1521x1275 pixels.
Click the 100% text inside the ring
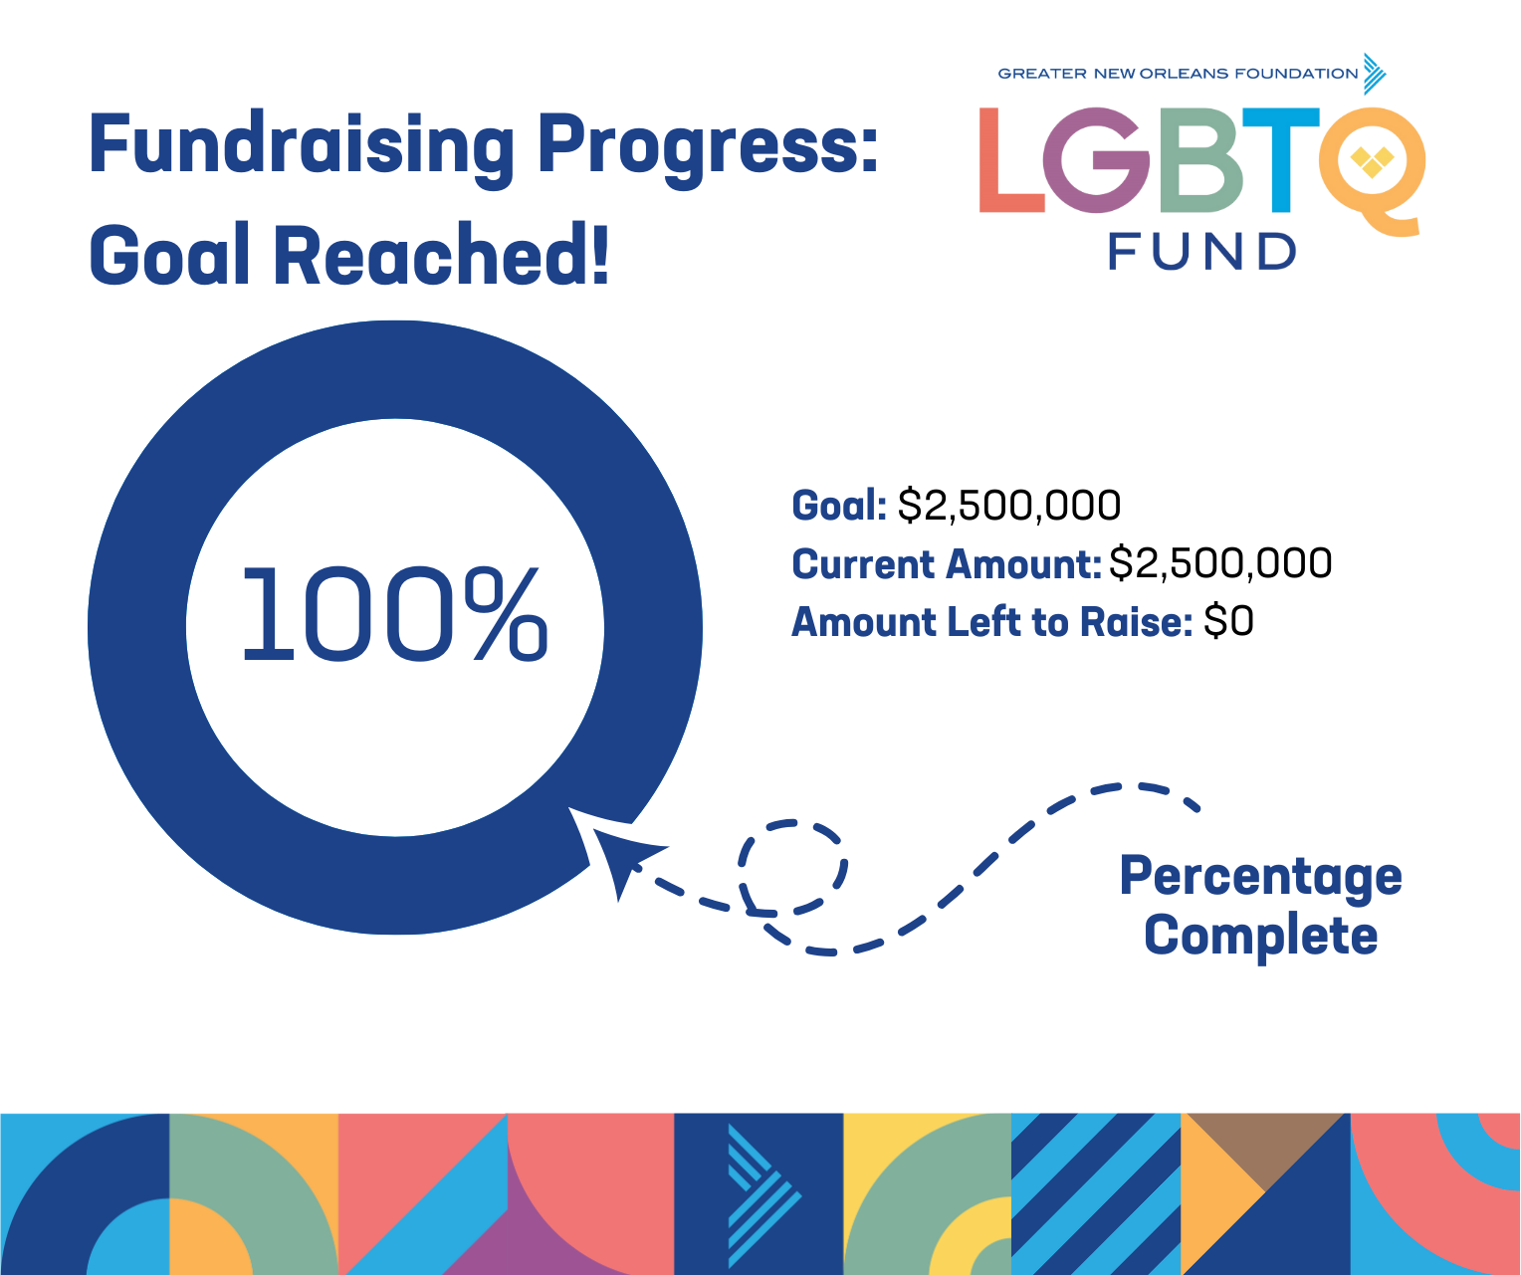coord(395,614)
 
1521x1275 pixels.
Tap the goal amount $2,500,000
coord(1009,505)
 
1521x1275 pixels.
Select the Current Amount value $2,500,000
coord(1220,563)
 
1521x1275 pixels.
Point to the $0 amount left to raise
coord(1228,621)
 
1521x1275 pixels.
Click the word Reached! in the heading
coord(440,254)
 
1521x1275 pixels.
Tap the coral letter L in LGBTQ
coord(1011,159)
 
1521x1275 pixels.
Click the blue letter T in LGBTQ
coord(1281,159)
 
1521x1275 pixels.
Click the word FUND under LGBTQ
coord(1201,252)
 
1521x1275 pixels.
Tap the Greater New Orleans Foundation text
coord(1178,74)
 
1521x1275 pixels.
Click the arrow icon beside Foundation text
coord(1375,74)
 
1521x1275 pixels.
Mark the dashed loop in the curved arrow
coord(793,868)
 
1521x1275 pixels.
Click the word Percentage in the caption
coord(1261,877)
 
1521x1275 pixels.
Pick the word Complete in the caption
coord(1261,937)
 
